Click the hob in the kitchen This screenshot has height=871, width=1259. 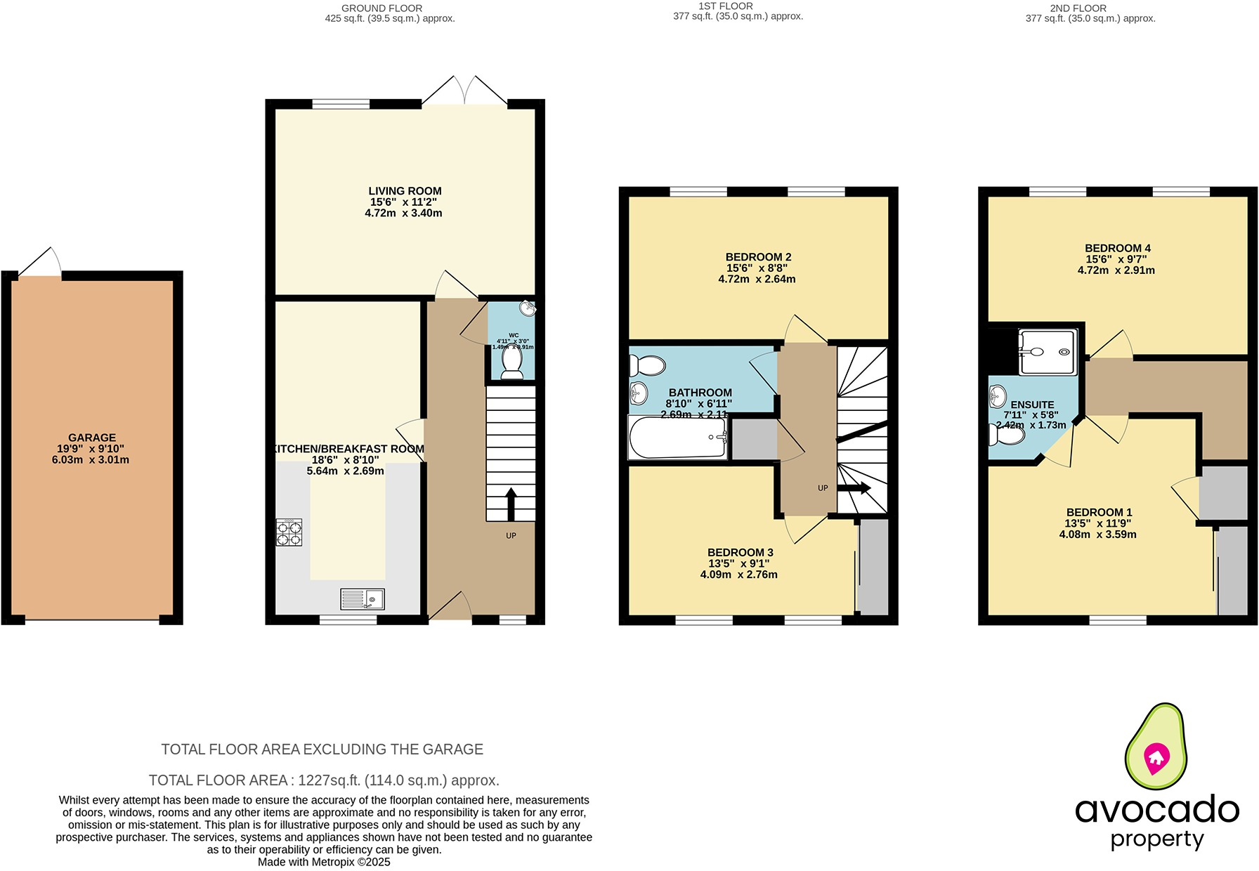pos(289,532)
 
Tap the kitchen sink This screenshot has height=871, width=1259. pos(363,599)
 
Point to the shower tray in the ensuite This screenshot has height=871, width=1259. pos(1048,352)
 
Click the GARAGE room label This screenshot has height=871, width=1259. pos(92,438)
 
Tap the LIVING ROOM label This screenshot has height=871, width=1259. pos(405,191)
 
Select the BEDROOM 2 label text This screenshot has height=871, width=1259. pos(758,257)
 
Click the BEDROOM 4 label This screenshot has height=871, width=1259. pos(1117,248)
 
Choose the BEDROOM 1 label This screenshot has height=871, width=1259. pos(1099,512)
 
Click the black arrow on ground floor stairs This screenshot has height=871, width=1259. pos(511,503)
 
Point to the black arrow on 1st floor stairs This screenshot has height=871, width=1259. pos(854,487)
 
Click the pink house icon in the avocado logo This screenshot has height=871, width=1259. pos(1156,757)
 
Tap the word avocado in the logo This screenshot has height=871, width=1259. pos(1156,809)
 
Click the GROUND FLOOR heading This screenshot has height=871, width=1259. pos(381,8)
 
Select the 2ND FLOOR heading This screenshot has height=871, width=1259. pos(1078,8)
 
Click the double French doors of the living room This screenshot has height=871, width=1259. pos(464,91)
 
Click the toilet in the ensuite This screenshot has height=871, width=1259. pos(1007,435)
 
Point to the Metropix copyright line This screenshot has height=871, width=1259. pos(324,862)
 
